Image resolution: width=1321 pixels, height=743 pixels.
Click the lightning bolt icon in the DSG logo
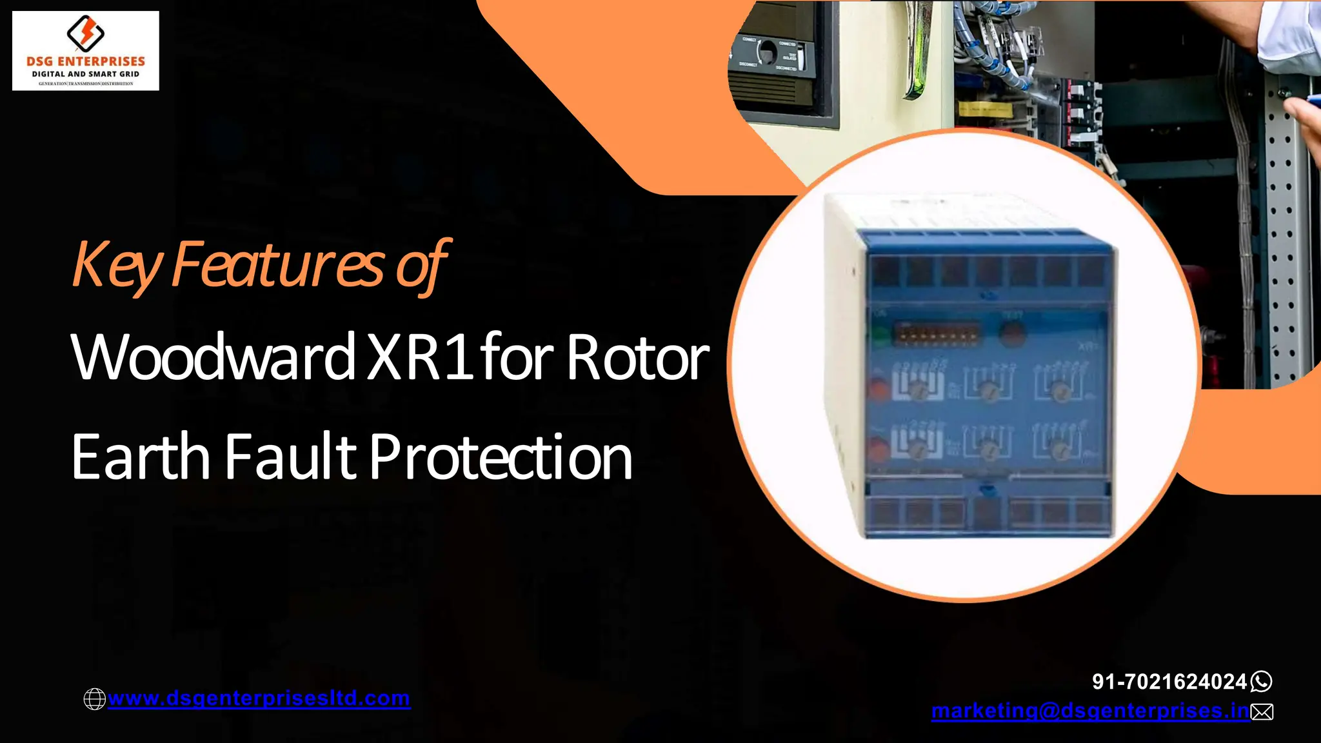point(86,32)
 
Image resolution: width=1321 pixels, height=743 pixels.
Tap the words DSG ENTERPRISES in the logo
point(86,61)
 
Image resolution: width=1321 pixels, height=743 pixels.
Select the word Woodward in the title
point(214,357)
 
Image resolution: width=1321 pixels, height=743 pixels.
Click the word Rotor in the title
point(638,357)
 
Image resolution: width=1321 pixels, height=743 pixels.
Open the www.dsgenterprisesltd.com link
point(259,698)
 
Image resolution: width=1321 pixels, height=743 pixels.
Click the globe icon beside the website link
point(95,699)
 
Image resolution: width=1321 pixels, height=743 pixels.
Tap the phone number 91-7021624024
point(1169,681)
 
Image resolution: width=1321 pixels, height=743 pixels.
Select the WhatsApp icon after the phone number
point(1262,681)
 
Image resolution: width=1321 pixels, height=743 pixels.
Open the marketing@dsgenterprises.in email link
point(1090,711)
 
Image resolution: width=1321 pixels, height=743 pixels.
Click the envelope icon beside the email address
point(1262,711)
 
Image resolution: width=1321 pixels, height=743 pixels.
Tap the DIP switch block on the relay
point(937,335)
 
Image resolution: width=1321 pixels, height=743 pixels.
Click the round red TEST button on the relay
point(1012,333)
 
